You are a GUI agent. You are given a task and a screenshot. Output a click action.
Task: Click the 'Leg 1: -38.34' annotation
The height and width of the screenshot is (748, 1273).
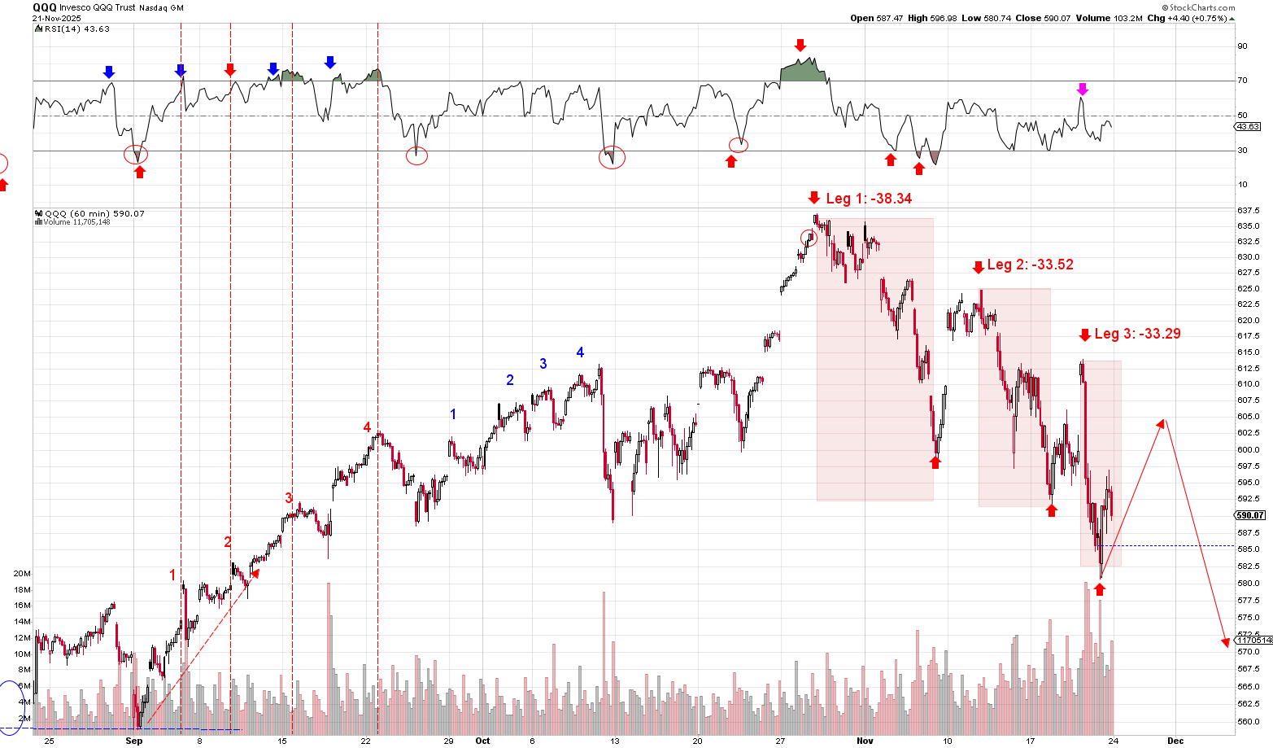pyautogui.click(x=869, y=199)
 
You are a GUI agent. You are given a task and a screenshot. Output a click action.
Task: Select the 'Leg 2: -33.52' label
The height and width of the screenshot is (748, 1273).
pyautogui.click(x=1030, y=265)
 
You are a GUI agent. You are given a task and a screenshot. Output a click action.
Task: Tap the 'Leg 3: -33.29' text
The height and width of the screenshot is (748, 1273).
pyautogui.click(x=1137, y=334)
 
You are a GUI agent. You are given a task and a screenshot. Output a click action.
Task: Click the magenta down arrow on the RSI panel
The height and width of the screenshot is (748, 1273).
pyautogui.click(x=1082, y=89)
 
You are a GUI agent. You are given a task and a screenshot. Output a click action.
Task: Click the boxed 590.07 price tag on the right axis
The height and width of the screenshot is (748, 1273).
pyautogui.click(x=1250, y=515)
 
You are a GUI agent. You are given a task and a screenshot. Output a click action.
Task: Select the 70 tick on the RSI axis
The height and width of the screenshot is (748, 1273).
pyautogui.click(x=1242, y=81)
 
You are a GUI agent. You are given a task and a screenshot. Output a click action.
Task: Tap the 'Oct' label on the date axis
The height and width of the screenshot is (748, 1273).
pyautogui.click(x=483, y=741)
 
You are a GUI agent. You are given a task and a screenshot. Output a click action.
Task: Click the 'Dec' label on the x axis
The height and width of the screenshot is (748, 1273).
pyautogui.click(x=1175, y=741)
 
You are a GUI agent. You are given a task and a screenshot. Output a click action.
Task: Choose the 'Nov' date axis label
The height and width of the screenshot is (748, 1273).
pyautogui.click(x=865, y=741)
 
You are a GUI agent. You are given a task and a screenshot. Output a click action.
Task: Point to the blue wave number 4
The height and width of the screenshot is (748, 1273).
pyautogui.click(x=580, y=352)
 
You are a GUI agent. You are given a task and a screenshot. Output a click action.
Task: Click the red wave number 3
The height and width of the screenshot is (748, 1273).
pyautogui.click(x=288, y=498)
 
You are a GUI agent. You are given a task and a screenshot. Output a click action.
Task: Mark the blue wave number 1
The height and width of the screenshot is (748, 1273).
pyautogui.click(x=453, y=414)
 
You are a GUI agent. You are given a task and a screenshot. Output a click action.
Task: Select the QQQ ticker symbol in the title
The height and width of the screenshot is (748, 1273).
pyautogui.click(x=44, y=7)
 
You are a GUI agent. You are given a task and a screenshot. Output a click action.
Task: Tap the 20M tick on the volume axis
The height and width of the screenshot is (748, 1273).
pyautogui.click(x=22, y=573)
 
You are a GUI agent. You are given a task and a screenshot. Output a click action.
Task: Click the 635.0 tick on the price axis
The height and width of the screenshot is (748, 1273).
pyautogui.click(x=1248, y=225)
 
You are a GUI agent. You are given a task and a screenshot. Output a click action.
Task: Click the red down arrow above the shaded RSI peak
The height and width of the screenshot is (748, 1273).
pyautogui.click(x=800, y=45)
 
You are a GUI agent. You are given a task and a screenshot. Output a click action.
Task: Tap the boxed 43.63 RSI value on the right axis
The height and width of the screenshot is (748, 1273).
pyautogui.click(x=1247, y=127)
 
